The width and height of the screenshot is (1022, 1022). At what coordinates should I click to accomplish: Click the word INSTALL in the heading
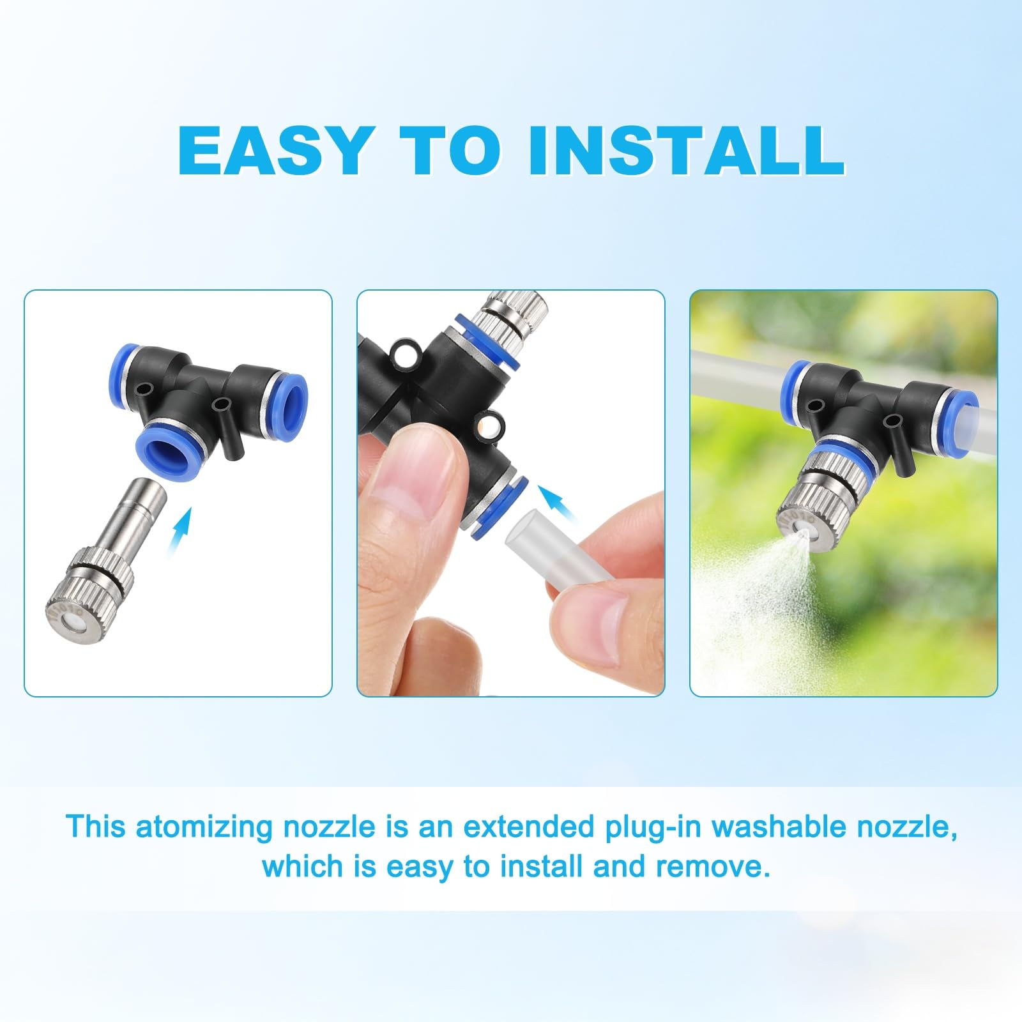coord(685,150)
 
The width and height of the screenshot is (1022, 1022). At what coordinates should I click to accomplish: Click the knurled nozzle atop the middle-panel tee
coord(516,316)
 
